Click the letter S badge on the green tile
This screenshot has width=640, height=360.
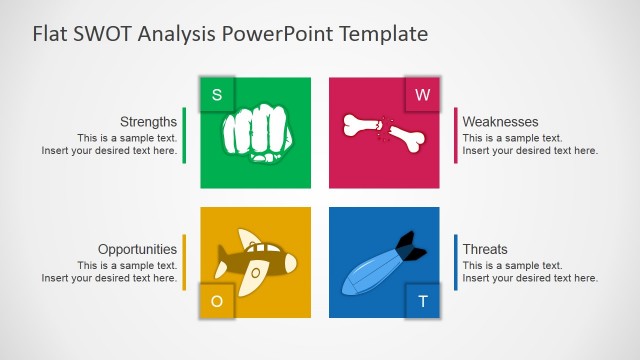pos(217,95)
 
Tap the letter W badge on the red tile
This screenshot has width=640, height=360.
pos(422,95)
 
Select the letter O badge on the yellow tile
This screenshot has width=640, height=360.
pos(217,301)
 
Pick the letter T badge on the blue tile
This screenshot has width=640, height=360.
pos(422,301)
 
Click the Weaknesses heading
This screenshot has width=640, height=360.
pos(500,122)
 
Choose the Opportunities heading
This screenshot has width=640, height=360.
pos(137,249)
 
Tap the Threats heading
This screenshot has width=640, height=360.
pos(485,249)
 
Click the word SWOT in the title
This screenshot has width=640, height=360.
pos(101,34)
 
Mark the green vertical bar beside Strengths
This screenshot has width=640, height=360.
pos(184,135)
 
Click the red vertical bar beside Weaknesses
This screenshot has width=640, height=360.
pos(456,135)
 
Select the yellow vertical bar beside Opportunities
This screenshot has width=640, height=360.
pos(184,262)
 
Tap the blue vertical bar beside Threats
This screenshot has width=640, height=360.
pos(456,262)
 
